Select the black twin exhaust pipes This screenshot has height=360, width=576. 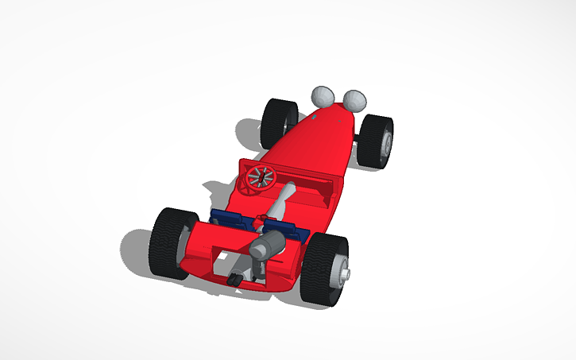coord(236,279)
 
